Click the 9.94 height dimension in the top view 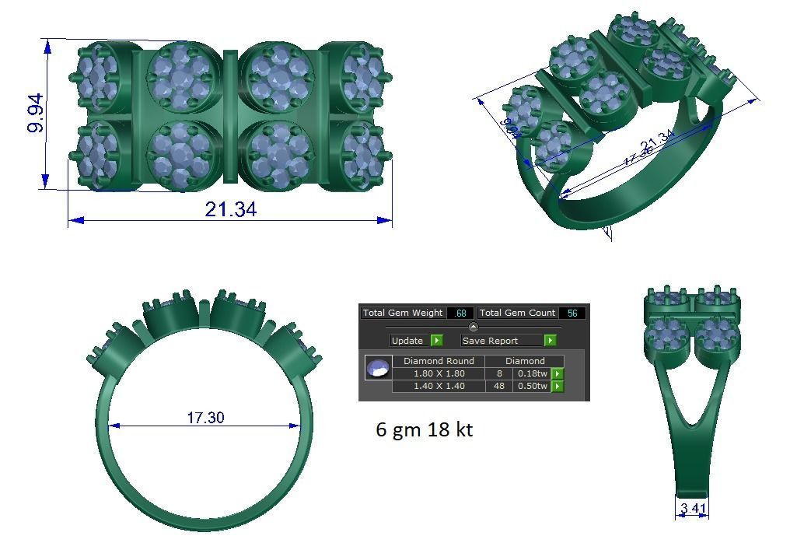coord(36,114)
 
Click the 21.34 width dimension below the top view coord(230,209)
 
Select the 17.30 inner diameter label coord(205,418)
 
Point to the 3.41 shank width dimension coord(693,510)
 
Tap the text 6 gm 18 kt coord(424,429)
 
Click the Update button coord(416,341)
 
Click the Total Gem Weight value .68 coord(460,313)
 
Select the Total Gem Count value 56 coord(572,313)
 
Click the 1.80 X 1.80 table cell coord(439,373)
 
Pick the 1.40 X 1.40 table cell coord(439,386)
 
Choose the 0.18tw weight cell coord(532,373)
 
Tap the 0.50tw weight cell coord(532,386)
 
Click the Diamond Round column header coord(439,361)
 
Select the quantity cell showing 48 coord(498,386)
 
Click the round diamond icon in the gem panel coord(378,368)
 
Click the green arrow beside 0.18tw coord(558,373)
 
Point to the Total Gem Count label coord(517,313)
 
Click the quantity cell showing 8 coord(498,373)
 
